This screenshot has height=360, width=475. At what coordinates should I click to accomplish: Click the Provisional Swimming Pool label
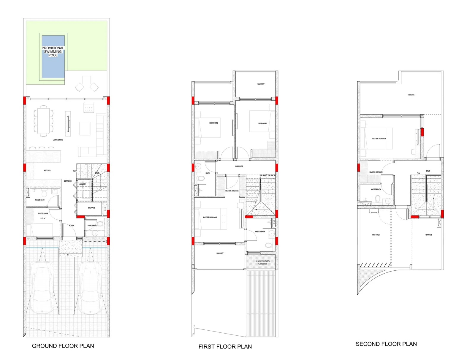coord(53,52)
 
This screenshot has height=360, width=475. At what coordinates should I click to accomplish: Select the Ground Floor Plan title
coord(63,346)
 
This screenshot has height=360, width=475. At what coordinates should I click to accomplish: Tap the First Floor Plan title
coord(225,346)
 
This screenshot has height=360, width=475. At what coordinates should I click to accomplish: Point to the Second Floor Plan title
coord(386,344)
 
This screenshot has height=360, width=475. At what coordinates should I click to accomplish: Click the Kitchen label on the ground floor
coord(47,171)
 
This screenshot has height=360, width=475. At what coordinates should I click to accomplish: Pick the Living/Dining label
coord(58,140)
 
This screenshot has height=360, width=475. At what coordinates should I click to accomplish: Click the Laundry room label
coord(82,184)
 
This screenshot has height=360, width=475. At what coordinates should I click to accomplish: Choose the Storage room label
coord(91,208)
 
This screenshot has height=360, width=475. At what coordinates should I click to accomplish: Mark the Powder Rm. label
coord(92,226)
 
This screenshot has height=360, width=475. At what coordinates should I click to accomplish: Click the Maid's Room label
coord(43,214)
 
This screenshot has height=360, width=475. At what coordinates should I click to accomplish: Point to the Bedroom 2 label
coord(213,123)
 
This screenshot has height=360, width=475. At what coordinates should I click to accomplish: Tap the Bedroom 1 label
coord(262,123)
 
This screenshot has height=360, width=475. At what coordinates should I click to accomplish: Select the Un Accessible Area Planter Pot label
coord(262,263)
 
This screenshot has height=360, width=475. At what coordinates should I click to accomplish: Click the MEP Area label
coord(376,235)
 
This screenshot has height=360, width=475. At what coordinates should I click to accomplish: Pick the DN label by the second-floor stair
coord(418,173)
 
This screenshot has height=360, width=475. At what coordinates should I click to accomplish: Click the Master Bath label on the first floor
coord(260,231)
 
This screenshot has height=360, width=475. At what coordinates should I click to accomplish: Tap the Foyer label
coord(72,226)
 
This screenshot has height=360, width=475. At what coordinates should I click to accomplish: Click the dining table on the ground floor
coord(44,120)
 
